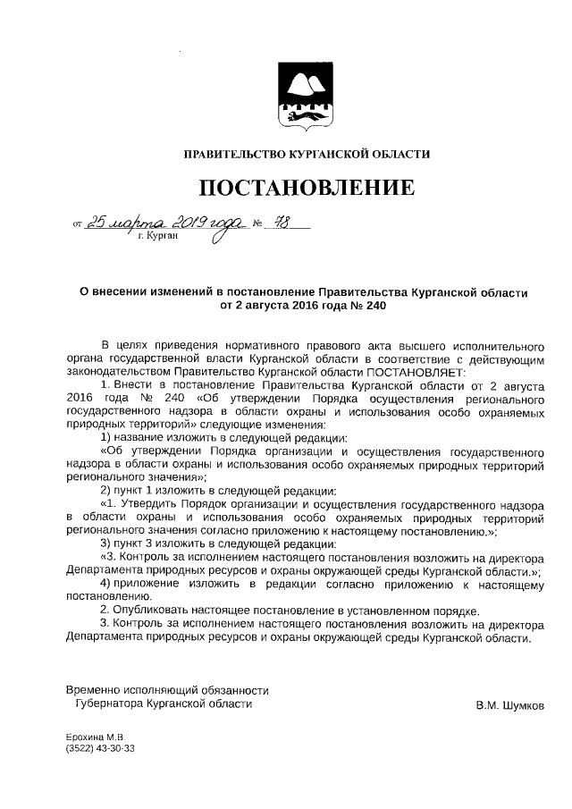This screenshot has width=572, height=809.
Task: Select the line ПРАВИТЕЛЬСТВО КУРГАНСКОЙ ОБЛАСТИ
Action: [306, 154]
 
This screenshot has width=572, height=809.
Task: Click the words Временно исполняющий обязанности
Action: [167, 689]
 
